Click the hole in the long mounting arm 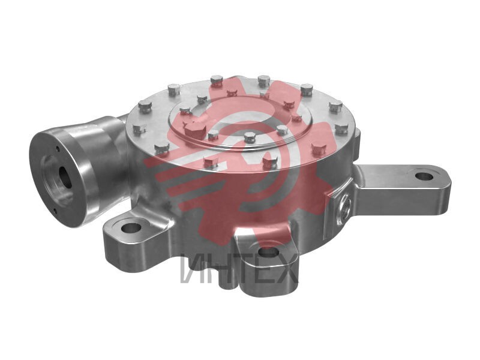[424, 176]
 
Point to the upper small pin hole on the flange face [58, 149]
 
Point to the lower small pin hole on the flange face [55, 211]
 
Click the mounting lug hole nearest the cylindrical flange [131, 227]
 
